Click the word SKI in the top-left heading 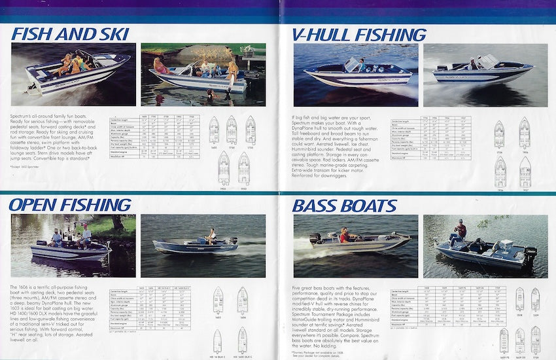pyautogui.click(x=109, y=33)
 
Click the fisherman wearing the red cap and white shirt pyautogui.click(x=84, y=234)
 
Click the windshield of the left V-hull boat pyautogui.click(x=353, y=64)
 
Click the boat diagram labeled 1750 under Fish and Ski pyautogui.click(x=251, y=130)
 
